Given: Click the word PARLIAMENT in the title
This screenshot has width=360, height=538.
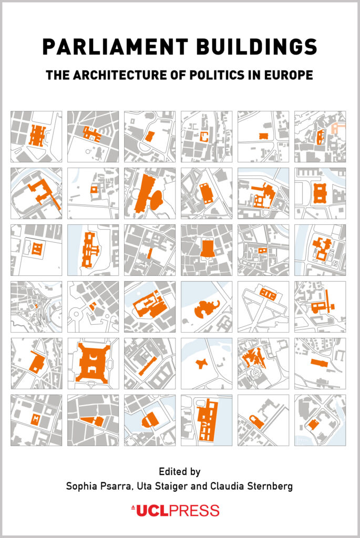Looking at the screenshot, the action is [x=116, y=47].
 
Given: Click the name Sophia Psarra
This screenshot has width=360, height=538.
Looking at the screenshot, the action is [x=99, y=486].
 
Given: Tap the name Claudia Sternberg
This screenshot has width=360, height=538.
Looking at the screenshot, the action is [x=252, y=486].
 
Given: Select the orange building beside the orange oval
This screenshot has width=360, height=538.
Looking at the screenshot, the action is [x=142, y=193].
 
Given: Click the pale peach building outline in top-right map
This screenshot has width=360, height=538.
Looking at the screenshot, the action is [x=337, y=128].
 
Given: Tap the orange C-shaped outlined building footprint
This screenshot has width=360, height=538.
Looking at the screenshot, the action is [x=204, y=137].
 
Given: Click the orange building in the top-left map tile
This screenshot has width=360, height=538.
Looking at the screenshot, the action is [x=37, y=136].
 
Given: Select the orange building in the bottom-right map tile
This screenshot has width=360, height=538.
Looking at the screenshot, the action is [x=313, y=424].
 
